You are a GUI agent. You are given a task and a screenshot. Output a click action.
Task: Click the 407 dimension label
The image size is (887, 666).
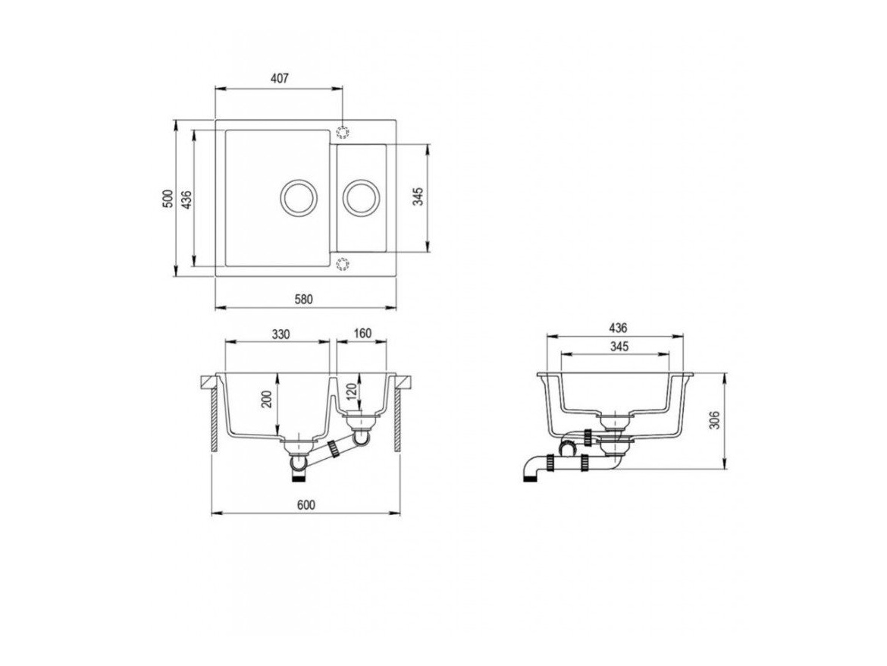pyautogui.click(x=280, y=79)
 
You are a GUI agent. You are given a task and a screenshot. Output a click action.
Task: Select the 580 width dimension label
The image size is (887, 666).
pyautogui.click(x=304, y=300)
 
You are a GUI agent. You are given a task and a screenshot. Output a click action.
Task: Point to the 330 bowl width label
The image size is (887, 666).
pyautogui.click(x=280, y=334)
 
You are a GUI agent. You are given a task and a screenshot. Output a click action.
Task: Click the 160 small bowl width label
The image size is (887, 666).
pyautogui.click(x=362, y=333)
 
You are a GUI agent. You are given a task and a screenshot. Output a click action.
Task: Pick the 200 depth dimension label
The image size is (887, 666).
pyautogui.click(x=268, y=400)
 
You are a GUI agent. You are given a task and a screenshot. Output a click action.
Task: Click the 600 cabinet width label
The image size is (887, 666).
pyautogui.click(x=306, y=505)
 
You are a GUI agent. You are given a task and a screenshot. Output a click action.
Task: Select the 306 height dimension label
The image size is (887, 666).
pyautogui.click(x=714, y=420)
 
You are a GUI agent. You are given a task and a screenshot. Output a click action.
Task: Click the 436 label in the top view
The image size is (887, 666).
pyautogui.click(x=187, y=199)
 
